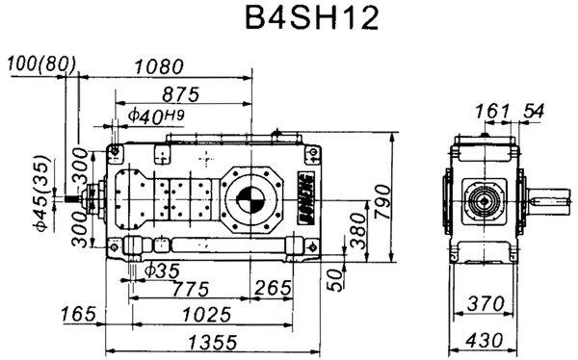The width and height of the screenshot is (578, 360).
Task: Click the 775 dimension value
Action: click(188, 288)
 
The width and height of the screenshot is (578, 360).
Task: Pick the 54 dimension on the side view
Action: click(532, 112)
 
